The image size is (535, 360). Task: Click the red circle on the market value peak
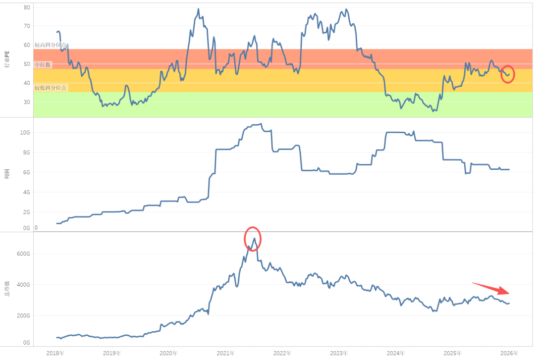coord(253,239)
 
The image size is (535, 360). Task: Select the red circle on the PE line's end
coord(508,74)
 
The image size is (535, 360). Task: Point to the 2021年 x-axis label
coord(225,353)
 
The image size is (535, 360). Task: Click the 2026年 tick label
coord(509,353)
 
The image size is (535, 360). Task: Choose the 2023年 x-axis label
coord(339,353)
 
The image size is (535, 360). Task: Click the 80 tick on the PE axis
coord(27,7)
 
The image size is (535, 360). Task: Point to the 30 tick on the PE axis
coord(27,102)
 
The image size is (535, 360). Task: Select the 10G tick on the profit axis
coord(25,133)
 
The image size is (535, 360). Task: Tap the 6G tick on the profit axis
coord(26,172)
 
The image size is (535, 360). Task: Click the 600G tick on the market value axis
coord(24,254)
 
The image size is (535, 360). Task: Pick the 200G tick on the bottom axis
coord(24,315)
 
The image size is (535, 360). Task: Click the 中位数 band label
coord(43,65)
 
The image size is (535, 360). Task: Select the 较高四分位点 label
coord(51,45)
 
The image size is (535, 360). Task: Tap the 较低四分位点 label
coord(51,88)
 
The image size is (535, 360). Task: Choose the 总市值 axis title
coord(7,287)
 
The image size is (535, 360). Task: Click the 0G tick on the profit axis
coord(26,228)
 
